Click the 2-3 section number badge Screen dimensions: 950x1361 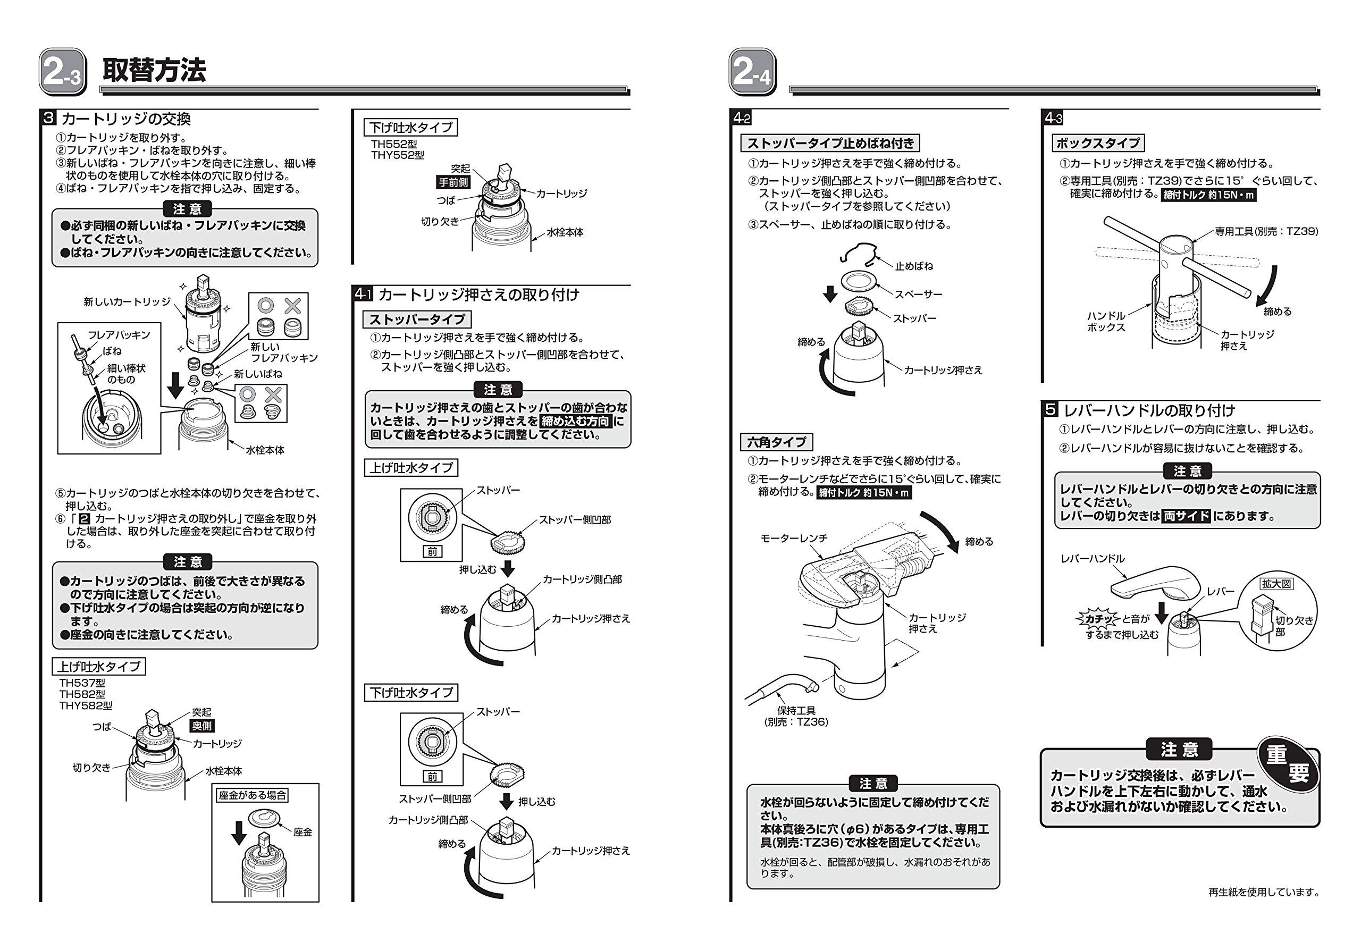pyautogui.click(x=63, y=72)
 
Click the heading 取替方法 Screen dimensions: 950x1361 pyautogui.click(x=154, y=71)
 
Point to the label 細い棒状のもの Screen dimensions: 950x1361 pyautogui.click(x=125, y=374)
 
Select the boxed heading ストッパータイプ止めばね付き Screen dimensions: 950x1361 pyautogui.click(x=830, y=144)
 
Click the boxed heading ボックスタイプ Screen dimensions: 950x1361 pyautogui.click(x=1098, y=144)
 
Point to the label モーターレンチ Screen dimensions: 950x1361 pyautogui.click(x=794, y=538)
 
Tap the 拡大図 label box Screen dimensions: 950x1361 pyautogui.click(x=1276, y=584)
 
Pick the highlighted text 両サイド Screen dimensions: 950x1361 pyautogui.click(x=1186, y=516)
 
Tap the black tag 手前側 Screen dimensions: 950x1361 pyautogui.click(x=453, y=182)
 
